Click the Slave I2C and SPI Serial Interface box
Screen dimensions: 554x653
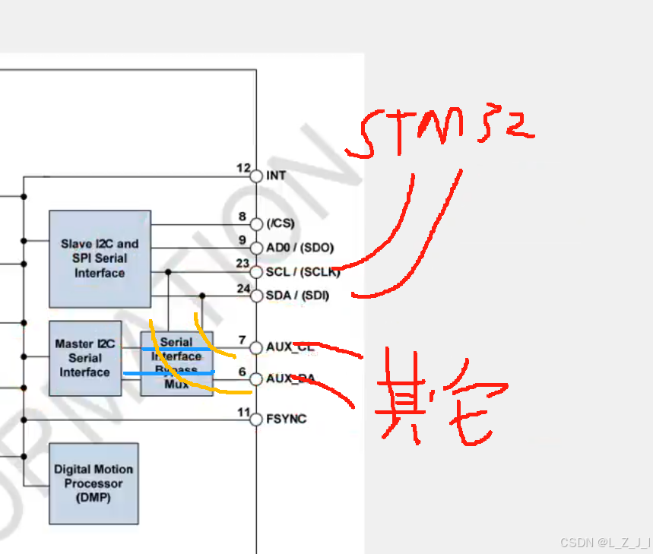tap(100, 258)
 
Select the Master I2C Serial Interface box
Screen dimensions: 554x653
tap(85, 358)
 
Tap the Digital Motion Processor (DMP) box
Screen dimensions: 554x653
tap(94, 483)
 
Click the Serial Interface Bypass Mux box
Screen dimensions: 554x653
tap(176, 363)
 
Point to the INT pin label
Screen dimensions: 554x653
tap(276, 176)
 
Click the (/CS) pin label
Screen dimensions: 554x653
tap(281, 223)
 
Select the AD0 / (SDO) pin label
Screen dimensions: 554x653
tap(300, 248)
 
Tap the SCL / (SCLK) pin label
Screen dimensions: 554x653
tap(303, 272)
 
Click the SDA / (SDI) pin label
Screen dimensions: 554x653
tap(298, 295)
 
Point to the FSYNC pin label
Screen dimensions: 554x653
tap(287, 419)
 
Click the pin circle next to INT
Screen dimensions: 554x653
tap(256, 176)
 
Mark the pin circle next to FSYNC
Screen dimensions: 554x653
tap(256, 419)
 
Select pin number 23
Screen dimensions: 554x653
tap(242, 264)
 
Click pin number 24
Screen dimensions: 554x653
tap(242, 288)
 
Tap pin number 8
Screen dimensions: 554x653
tap(242, 217)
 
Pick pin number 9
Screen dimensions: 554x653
tap(242, 240)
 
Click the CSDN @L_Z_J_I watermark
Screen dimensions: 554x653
tap(605, 543)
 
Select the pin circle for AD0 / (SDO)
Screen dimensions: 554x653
tap(256, 248)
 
